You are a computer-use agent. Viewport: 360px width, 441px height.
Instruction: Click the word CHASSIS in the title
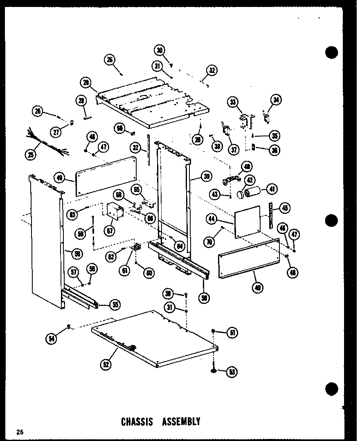137,421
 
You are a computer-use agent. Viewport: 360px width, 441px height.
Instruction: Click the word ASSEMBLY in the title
181,421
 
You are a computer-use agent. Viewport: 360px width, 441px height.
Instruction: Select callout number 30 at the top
160,50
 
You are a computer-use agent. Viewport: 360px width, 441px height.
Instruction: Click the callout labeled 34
277,100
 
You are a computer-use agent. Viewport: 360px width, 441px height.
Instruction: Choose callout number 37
234,149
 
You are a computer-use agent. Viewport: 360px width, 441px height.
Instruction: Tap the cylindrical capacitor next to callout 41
251,192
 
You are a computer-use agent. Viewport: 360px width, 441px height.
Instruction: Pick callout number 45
284,208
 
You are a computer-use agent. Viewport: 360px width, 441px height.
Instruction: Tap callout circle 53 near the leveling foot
233,372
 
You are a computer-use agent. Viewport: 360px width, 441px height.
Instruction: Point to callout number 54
52,338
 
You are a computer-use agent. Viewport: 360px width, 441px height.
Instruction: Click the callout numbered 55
116,304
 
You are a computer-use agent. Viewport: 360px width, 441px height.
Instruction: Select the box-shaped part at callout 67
114,213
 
